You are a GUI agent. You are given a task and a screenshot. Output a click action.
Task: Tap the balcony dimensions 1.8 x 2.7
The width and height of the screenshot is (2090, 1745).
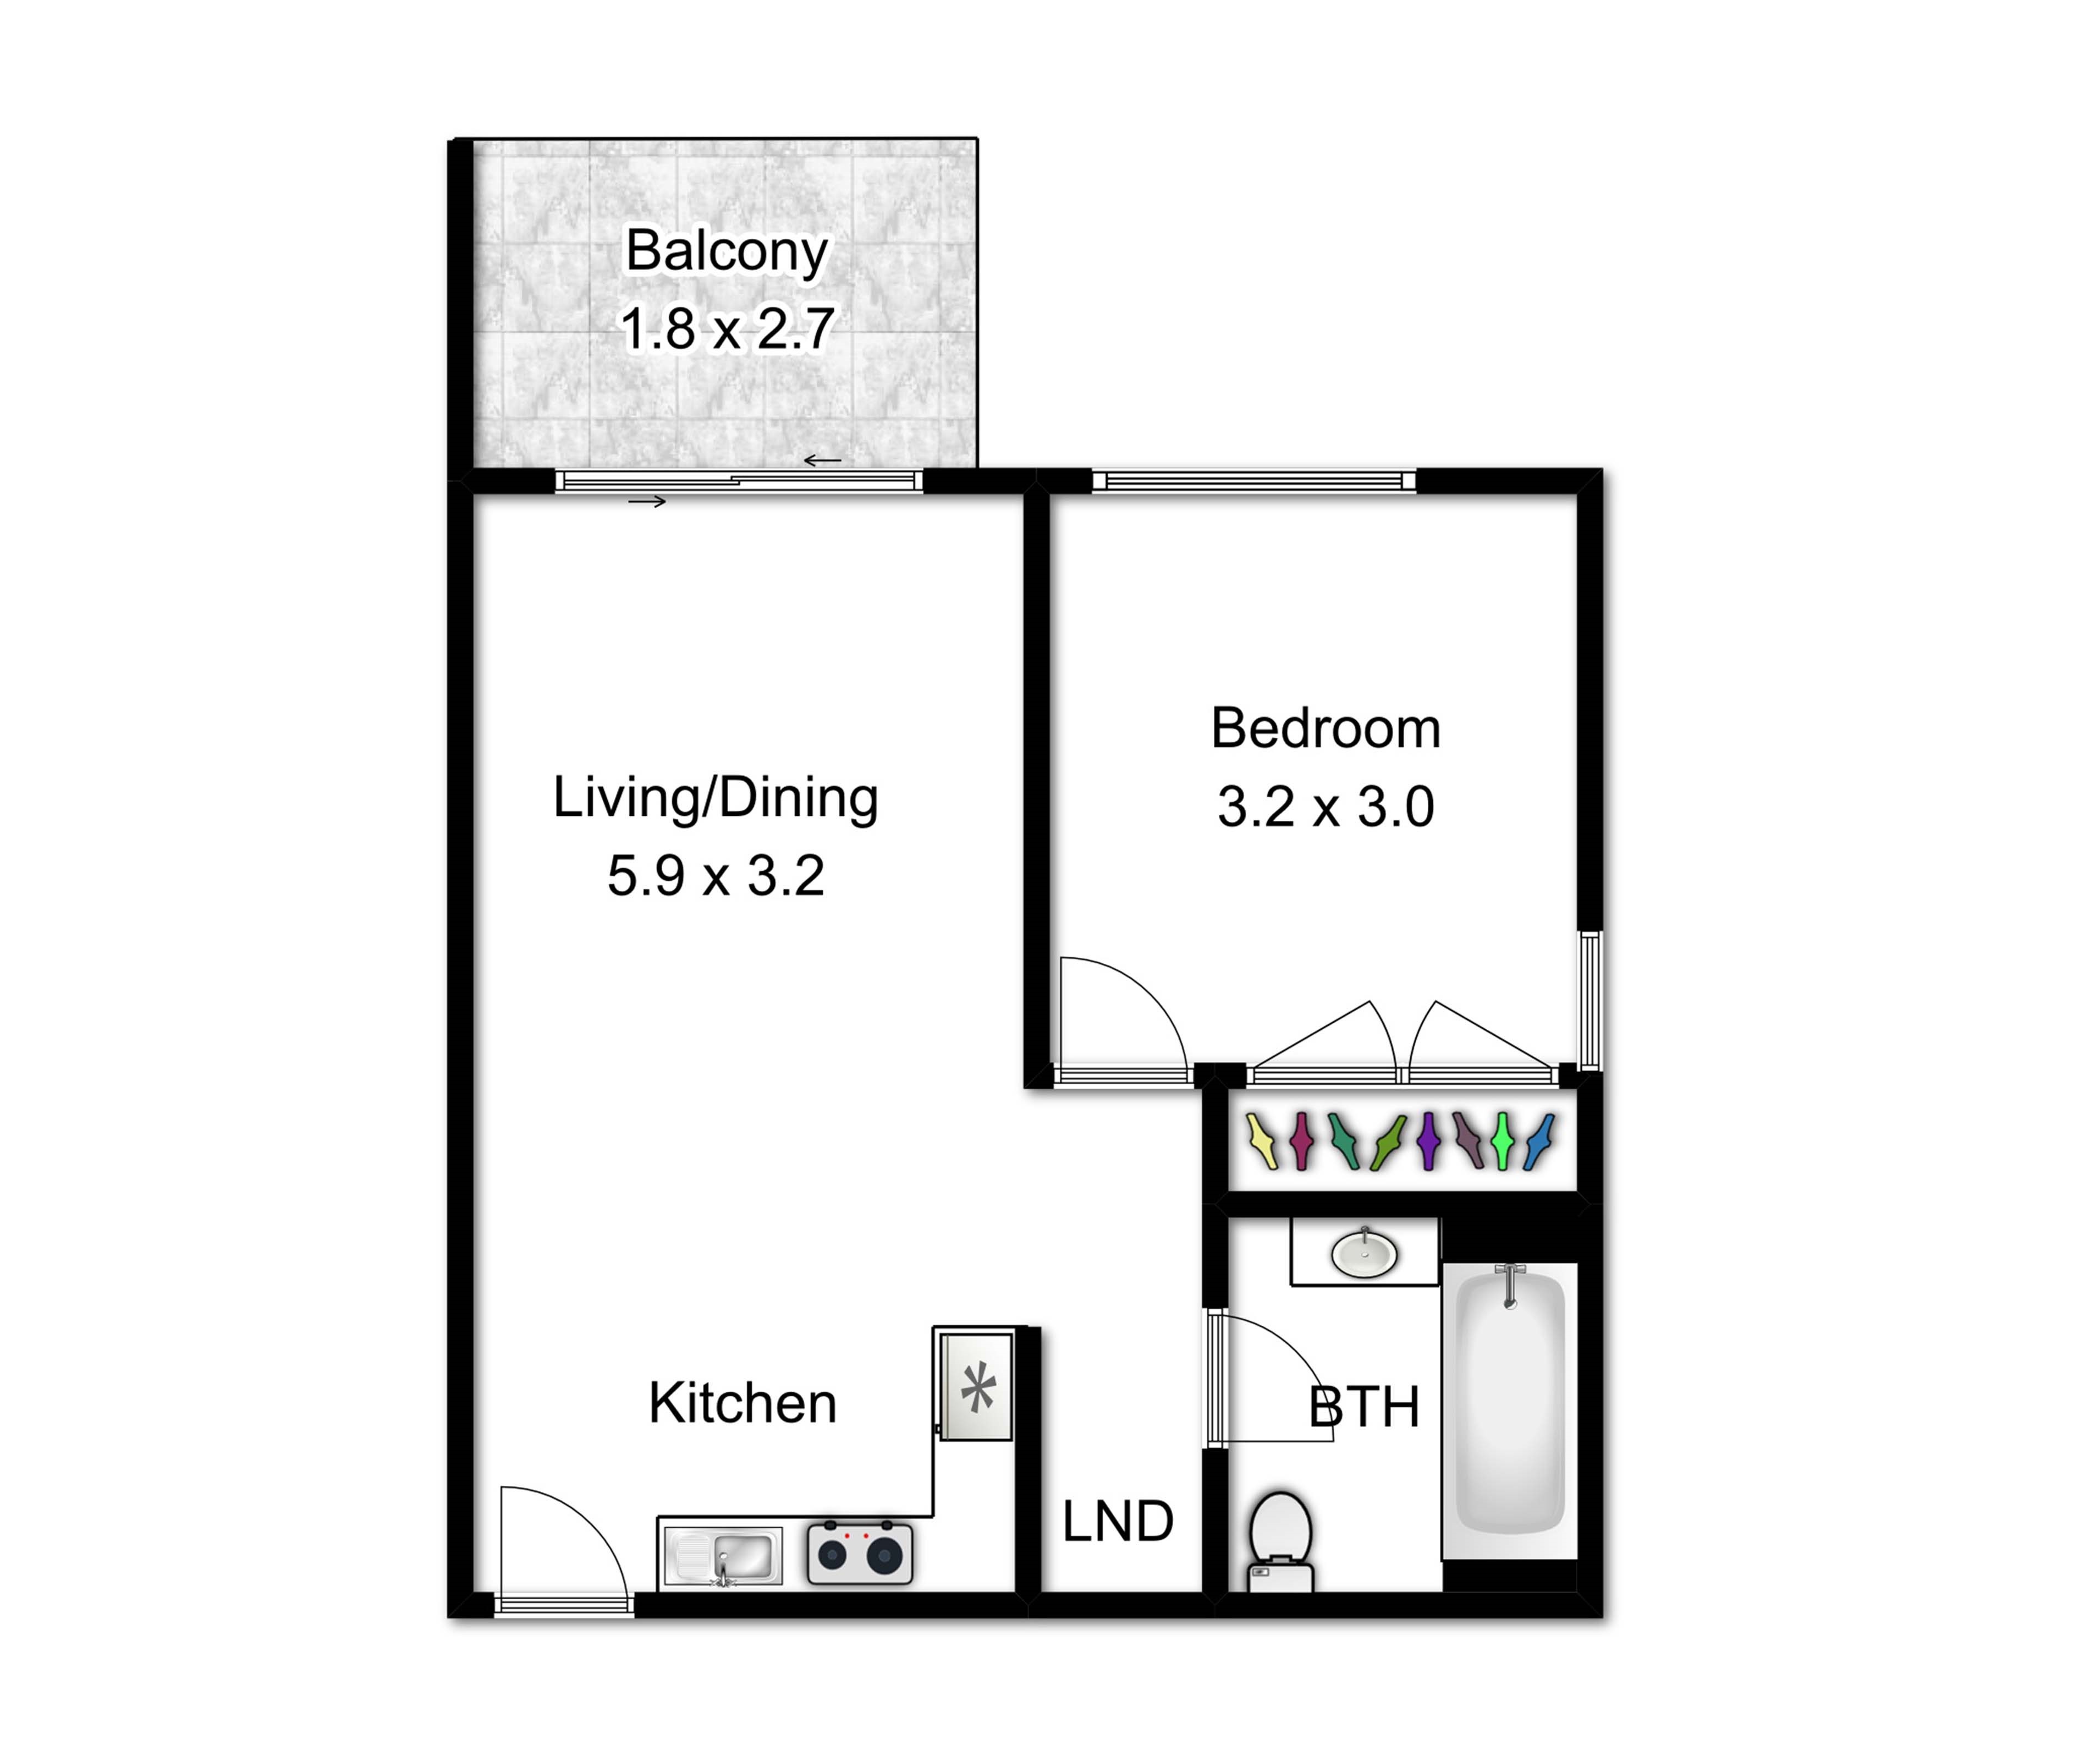727,328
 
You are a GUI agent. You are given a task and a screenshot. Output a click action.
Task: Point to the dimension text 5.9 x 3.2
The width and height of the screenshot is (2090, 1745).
716,876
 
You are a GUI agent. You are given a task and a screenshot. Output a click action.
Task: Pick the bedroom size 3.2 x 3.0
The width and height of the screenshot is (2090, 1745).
1325,806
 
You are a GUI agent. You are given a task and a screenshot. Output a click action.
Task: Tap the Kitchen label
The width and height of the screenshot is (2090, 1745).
743,1403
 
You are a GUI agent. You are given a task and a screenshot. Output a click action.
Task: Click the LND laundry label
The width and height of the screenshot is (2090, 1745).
1118,1522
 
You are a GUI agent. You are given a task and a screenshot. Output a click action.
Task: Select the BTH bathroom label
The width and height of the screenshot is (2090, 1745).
1363,1408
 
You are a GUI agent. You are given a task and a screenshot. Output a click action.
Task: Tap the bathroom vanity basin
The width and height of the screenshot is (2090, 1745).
1365,1253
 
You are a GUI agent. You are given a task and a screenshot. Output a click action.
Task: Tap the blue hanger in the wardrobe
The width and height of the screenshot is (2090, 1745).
1539,1141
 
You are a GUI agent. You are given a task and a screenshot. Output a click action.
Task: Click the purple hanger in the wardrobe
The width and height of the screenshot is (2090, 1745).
1429,1141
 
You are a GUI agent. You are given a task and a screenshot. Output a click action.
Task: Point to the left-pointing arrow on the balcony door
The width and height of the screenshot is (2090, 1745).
822,461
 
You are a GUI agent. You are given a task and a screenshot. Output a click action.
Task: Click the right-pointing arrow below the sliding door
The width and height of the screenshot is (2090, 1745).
647,502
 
